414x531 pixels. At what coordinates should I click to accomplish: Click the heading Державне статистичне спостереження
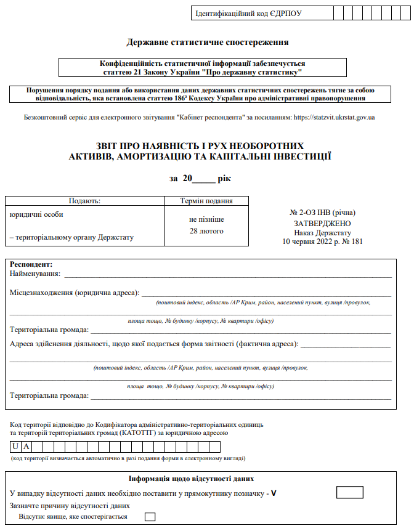point(208,43)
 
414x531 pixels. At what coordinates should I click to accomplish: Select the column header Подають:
point(84,201)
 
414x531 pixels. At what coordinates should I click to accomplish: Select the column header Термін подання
point(206,201)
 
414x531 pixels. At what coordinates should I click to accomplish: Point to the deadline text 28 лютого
point(206,231)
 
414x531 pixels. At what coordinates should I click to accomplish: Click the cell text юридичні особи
point(37,214)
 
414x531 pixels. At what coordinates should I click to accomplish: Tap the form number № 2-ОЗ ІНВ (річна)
point(323,213)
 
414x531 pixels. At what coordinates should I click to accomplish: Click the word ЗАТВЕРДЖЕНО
point(323,223)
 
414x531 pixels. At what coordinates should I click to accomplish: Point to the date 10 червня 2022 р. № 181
point(323,242)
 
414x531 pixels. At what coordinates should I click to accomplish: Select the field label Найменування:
point(35,273)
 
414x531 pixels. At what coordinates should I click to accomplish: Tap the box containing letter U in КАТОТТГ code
point(15,447)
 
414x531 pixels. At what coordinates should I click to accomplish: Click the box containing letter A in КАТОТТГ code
point(27,447)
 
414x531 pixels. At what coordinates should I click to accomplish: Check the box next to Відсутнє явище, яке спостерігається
point(150,517)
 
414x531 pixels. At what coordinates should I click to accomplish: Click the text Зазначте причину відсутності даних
point(60,505)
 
